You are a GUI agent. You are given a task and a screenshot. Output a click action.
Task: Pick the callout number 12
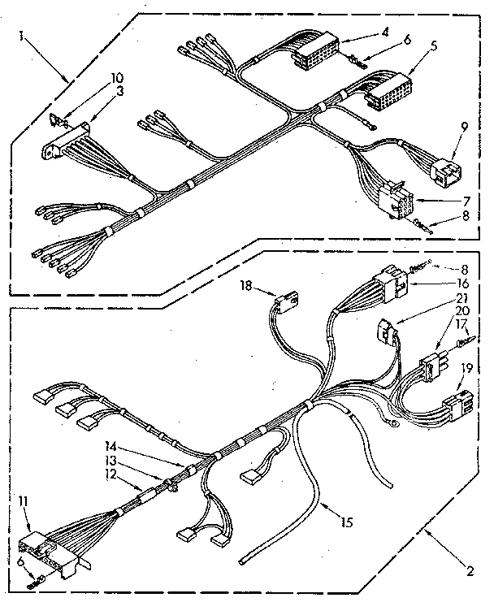pos(110,474)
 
